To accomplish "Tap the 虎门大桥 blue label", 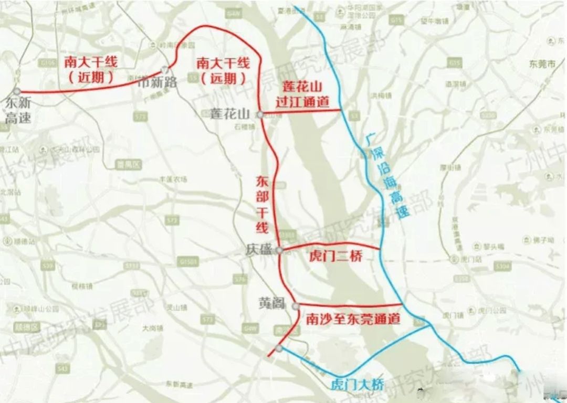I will coord(357,385).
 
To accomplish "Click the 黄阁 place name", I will coord(271,303).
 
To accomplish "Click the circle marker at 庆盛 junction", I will coord(279,250).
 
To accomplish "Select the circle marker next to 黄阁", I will coord(296,305).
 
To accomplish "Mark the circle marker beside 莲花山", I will coord(260,114).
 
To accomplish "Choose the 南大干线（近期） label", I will coord(91,70).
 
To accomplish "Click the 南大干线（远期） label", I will coord(223,71).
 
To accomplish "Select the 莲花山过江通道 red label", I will coord(302,94).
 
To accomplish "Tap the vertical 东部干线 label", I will coord(262,205).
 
